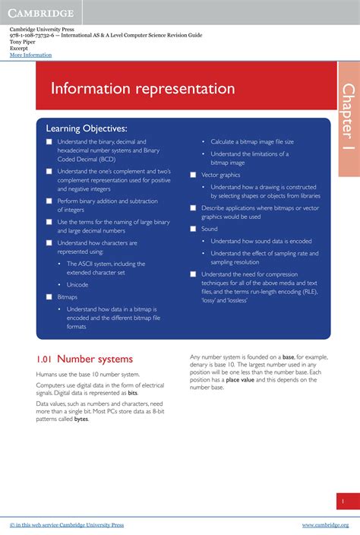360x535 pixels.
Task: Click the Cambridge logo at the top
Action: point(42,13)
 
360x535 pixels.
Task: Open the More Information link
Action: point(30,55)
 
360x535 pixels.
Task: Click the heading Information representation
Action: point(143,89)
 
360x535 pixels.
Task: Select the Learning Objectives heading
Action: point(87,129)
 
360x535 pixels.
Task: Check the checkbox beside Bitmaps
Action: point(49,297)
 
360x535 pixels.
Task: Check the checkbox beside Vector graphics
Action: point(193,175)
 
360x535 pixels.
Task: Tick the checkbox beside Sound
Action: point(193,229)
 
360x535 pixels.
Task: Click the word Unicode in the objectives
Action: point(77,285)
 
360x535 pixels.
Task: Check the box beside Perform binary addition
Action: point(49,201)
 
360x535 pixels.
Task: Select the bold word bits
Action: point(132,394)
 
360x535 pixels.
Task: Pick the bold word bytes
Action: point(81,419)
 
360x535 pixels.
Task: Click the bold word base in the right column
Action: point(289,356)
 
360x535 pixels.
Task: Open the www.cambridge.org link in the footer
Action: point(325,524)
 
